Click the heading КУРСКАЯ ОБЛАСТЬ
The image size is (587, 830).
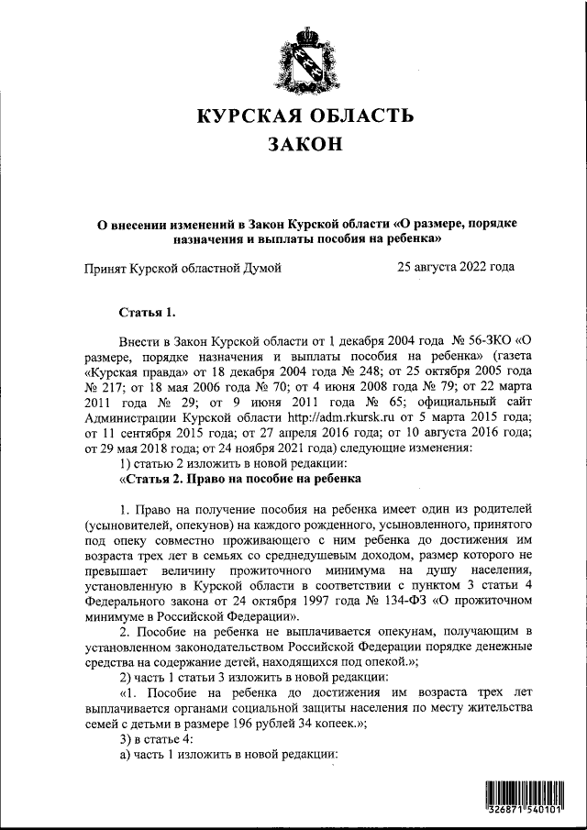tap(306, 116)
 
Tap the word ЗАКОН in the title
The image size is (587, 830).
tap(305, 145)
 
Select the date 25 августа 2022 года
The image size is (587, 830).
tap(456, 267)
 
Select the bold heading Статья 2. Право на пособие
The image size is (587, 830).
tap(240, 478)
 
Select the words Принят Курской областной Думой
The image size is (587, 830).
tap(183, 267)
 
